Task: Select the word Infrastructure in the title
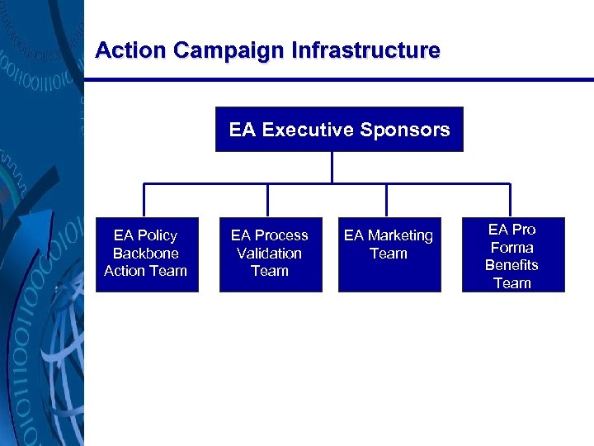(365, 50)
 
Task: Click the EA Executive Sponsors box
(339, 130)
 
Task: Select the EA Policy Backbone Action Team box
(147, 254)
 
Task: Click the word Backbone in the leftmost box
(146, 254)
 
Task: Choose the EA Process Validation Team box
(270, 254)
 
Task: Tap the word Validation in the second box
(270, 254)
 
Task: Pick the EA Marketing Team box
(389, 254)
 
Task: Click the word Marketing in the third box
(399, 236)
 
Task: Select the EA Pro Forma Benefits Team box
(512, 255)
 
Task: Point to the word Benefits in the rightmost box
(511, 265)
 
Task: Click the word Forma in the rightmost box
(511, 247)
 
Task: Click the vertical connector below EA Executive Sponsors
(332, 167)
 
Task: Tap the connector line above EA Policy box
(145, 200)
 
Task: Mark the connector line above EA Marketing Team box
(385, 200)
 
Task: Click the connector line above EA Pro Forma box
(510, 200)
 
